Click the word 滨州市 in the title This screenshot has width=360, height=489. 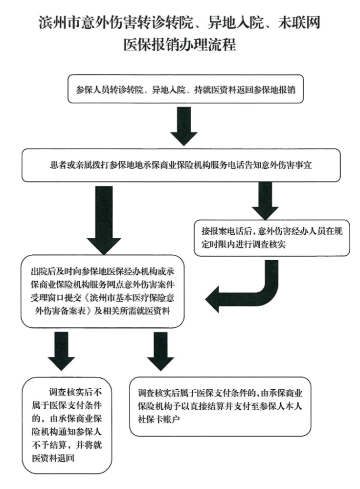point(60,23)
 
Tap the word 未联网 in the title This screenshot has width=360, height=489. point(299,23)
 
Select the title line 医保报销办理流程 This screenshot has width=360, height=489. point(180,44)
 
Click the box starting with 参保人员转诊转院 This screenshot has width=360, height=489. point(185,89)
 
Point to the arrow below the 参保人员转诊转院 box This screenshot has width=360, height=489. point(184,126)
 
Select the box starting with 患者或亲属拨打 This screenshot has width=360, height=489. point(181,165)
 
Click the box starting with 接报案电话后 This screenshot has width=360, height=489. point(272,238)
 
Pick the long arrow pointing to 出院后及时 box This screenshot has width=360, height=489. point(104,220)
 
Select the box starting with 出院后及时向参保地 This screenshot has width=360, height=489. point(102,291)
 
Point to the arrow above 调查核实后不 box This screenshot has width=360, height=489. point(62,351)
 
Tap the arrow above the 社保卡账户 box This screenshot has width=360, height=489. point(160,351)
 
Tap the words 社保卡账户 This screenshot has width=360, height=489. point(159,419)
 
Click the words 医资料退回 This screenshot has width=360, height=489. point(53,458)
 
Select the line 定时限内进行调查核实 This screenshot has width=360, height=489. point(244,244)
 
